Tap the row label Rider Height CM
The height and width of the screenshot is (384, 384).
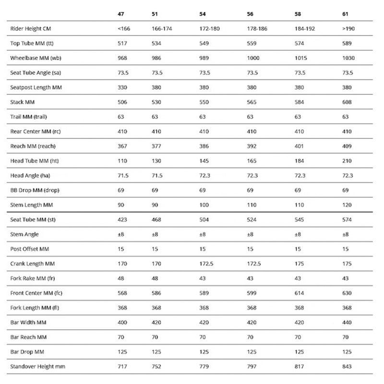pyautogui.click(x=28, y=29)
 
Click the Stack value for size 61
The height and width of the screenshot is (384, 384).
pyautogui.click(x=347, y=102)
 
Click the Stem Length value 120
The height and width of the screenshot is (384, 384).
pyautogui.click(x=347, y=205)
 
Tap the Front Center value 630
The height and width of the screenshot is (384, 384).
pyautogui.click(x=347, y=293)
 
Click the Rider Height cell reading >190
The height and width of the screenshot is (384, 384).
pyautogui.click(x=348, y=29)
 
